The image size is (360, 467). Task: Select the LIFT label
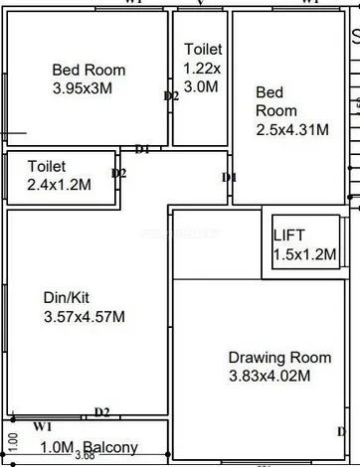coord(289,235)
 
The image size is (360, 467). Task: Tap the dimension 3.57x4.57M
coord(84,317)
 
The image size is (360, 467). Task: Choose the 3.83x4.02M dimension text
coord(270,376)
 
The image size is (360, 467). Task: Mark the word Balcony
coord(109,448)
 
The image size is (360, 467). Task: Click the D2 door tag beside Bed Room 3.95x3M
coord(171,95)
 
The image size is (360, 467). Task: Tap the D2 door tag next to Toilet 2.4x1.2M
coord(119,173)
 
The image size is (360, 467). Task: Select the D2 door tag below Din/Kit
coord(101,412)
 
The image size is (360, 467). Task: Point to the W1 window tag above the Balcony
coord(42,425)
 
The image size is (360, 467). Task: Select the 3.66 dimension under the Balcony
coord(85,457)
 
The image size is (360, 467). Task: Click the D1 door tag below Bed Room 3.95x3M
coord(142,149)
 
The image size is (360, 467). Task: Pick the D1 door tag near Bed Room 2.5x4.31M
coord(229,177)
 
